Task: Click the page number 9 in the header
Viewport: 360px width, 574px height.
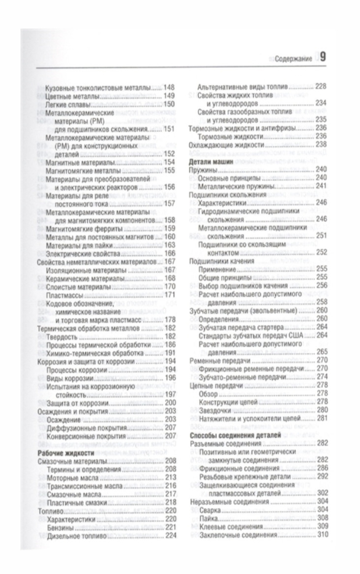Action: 323,57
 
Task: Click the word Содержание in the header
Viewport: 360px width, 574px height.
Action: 293,59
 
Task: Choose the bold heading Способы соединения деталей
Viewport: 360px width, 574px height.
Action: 234,435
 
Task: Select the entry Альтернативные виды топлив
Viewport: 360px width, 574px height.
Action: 243,86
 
